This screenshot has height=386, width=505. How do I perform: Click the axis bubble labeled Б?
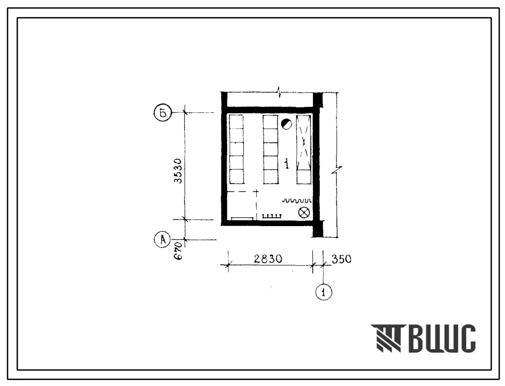click(163, 113)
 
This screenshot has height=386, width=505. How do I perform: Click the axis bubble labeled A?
click(163, 240)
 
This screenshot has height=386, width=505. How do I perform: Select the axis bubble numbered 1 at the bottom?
click(324, 292)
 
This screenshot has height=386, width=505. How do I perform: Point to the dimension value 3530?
click(178, 171)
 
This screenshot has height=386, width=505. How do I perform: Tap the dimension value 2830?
click(268, 259)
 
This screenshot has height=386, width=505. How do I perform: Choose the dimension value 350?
click(341, 259)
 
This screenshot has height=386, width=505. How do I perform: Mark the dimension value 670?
click(178, 251)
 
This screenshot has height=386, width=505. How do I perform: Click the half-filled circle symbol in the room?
click(286, 124)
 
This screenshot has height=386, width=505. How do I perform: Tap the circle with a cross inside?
click(304, 213)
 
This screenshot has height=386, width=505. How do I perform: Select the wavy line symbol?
click(297, 201)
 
